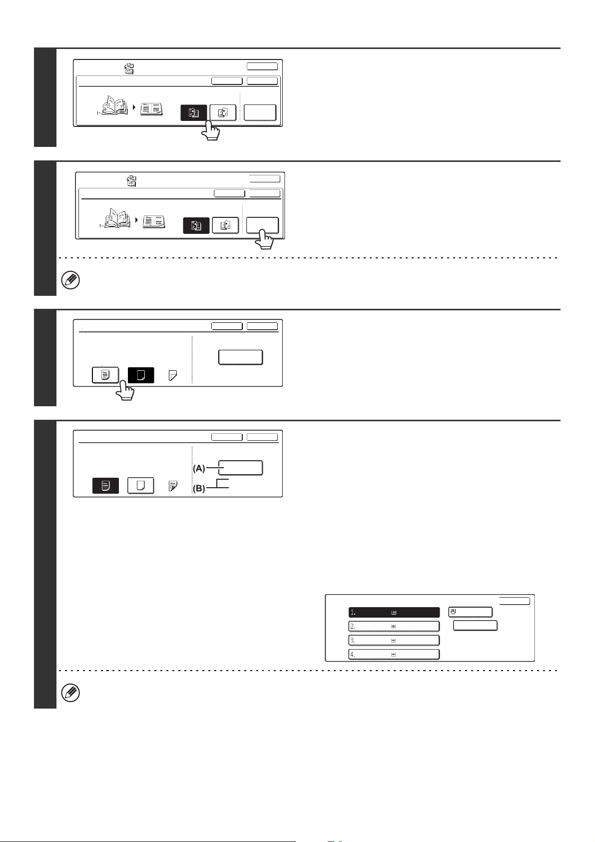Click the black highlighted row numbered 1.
tap(394, 612)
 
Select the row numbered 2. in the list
tap(394, 626)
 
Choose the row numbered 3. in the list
tap(394, 640)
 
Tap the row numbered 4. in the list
tap(394, 654)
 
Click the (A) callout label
tap(199, 468)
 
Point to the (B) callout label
tap(199, 488)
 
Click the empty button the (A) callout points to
tap(241, 468)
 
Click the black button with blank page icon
tap(141, 375)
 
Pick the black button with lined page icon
tap(105, 486)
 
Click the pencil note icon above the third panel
tap(71, 280)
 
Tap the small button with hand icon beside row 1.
tap(470, 612)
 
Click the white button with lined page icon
tap(105, 375)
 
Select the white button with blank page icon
tap(141, 486)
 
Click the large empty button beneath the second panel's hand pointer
tap(262, 225)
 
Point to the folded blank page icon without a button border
tap(173, 375)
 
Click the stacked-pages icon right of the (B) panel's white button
tap(173, 486)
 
